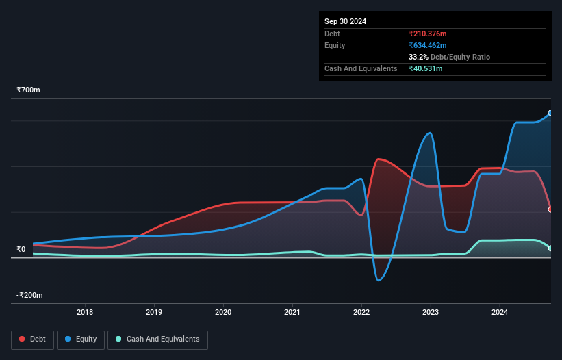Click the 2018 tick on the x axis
(85, 313)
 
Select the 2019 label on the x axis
(154, 313)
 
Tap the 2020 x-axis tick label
(223, 313)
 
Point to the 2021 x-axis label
(292, 313)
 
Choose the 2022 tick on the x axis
(361, 313)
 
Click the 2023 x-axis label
(431, 313)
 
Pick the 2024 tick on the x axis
(500, 313)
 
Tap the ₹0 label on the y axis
(21, 250)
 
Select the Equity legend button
(81, 339)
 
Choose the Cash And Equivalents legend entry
(157, 339)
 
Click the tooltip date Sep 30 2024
(345, 21)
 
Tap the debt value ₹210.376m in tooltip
(427, 34)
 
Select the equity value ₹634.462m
(427, 45)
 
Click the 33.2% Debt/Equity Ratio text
(449, 57)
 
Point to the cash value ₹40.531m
(425, 68)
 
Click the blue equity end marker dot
(550, 113)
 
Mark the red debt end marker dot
(550, 209)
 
